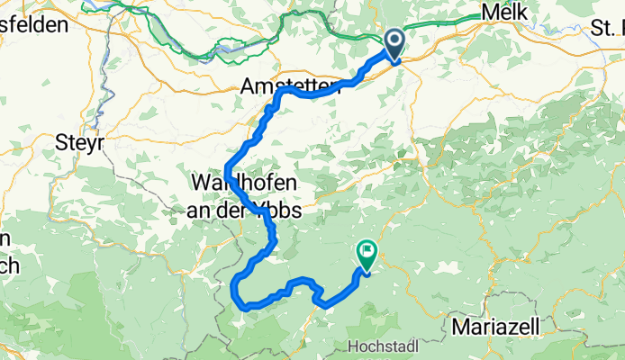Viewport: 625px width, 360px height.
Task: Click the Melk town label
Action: coord(503,12)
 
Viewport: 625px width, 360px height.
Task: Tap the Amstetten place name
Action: coord(280,87)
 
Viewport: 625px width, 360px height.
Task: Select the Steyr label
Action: coord(80,141)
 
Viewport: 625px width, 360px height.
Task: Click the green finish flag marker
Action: coord(367,255)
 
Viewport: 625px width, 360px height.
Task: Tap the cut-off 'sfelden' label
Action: coord(34,24)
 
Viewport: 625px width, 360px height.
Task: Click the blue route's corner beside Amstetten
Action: coord(283,92)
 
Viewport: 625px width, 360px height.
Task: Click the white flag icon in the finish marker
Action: coord(367,250)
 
